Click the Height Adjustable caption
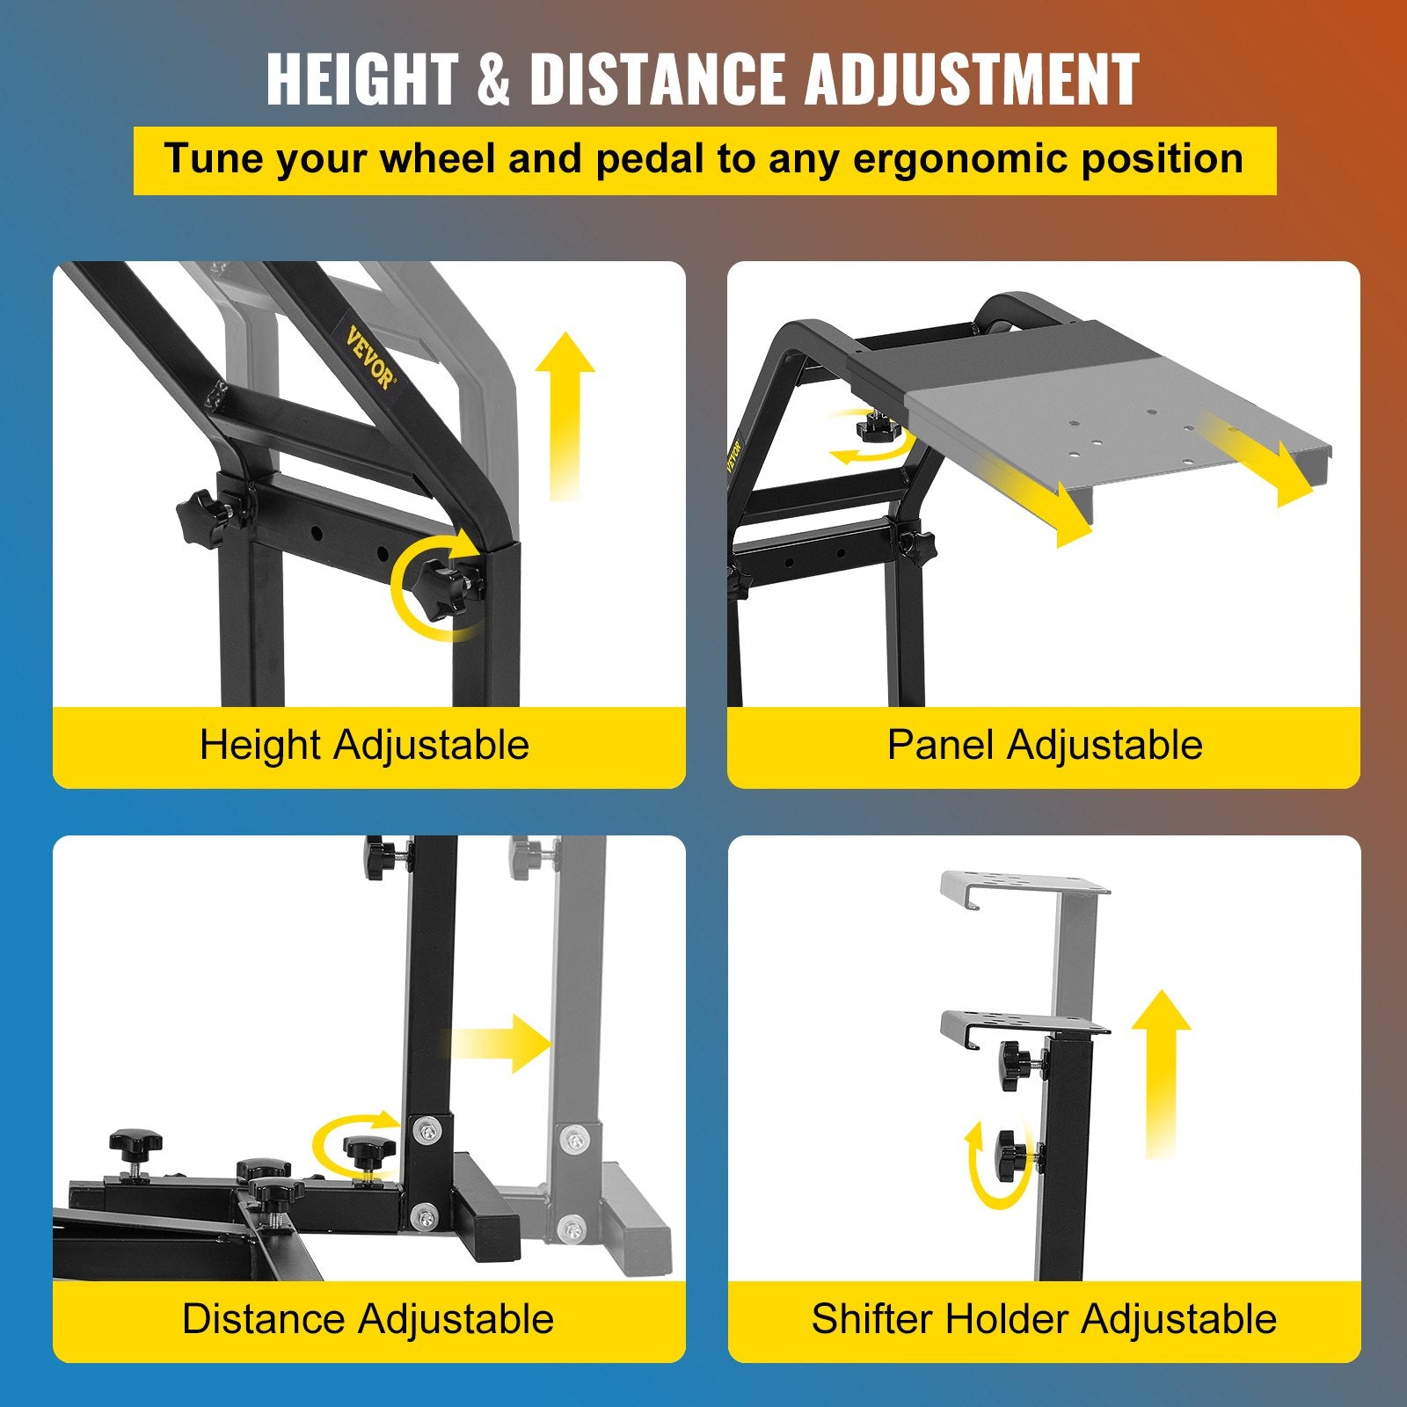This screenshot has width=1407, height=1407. click(x=364, y=745)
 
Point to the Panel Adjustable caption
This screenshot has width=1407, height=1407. click(x=1045, y=745)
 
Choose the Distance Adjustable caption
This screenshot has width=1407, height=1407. click(x=368, y=1319)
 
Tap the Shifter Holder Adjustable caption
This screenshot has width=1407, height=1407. click(x=1044, y=1319)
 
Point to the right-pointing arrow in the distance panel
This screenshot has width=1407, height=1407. click(x=499, y=1043)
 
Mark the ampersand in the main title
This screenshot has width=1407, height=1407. click(x=494, y=80)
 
